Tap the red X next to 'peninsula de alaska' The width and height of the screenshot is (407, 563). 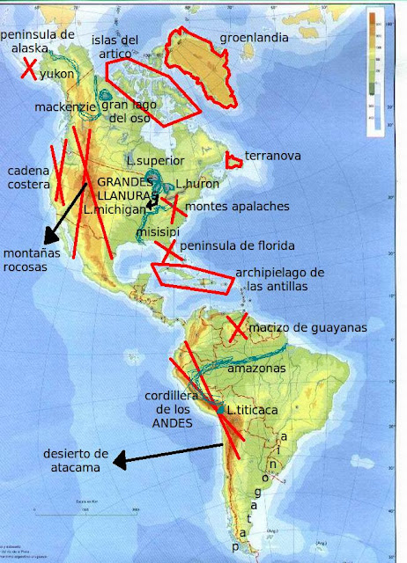point(31,68)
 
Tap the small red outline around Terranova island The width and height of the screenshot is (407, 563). point(234,160)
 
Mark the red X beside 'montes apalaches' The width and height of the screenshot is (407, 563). point(174,208)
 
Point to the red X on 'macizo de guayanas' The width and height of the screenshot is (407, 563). point(236,328)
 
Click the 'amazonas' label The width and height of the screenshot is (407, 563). point(256,369)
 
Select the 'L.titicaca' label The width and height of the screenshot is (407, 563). point(254,410)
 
